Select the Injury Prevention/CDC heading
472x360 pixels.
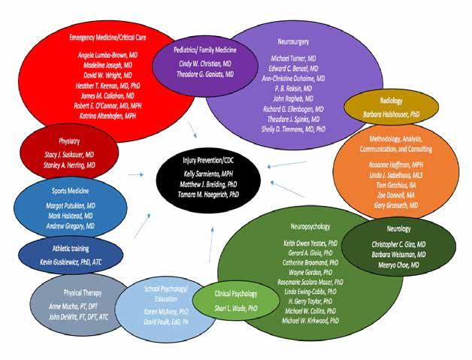pyautogui.click(x=207, y=161)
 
